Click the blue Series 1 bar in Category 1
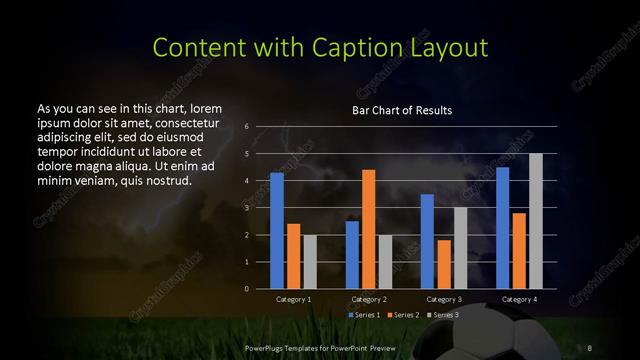click(x=277, y=231)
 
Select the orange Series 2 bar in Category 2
click(x=368, y=229)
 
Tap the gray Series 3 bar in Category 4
click(x=535, y=221)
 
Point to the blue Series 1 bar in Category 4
click(x=503, y=228)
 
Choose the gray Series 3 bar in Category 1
click(x=309, y=262)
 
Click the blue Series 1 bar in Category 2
click(x=352, y=255)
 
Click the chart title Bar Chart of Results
click(x=402, y=110)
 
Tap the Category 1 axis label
click(x=293, y=299)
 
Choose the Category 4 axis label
click(x=519, y=299)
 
